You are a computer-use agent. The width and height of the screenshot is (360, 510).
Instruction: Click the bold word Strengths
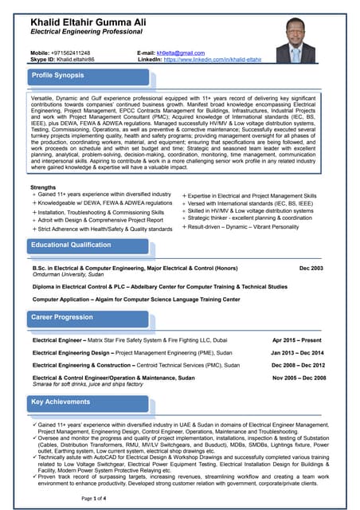tap(43, 187)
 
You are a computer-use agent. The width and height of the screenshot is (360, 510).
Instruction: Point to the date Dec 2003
tap(311, 269)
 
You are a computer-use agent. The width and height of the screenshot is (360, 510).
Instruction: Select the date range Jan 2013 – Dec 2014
tap(297, 352)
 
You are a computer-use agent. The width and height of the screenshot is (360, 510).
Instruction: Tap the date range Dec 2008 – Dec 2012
tap(298, 364)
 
